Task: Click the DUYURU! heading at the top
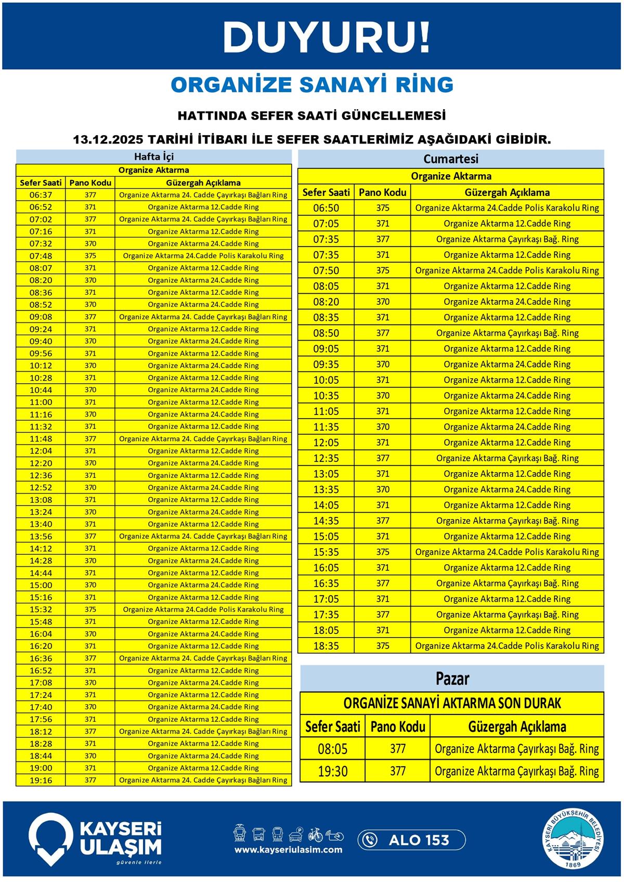[x=326, y=37]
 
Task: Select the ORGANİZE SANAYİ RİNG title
[x=312, y=85]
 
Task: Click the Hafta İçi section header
[x=154, y=157]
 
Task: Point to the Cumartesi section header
[x=451, y=159]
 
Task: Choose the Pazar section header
[x=452, y=678]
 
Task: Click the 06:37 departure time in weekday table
[x=41, y=195]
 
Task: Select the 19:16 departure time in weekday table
[x=41, y=780]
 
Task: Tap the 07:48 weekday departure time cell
[x=41, y=256]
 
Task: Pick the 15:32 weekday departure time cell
[x=41, y=609]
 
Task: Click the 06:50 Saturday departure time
[x=326, y=208]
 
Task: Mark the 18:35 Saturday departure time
[x=326, y=646]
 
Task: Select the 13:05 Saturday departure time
[x=326, y=474]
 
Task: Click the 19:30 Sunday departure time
[x=333, y=771]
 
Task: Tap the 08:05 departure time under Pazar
[x=333, y=749]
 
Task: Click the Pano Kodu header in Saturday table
[x=382, y=192]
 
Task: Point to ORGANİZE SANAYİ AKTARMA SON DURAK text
[x=452, y=704]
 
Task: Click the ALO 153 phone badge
[x=411, y=840]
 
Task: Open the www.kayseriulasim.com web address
[x=288, y=850]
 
